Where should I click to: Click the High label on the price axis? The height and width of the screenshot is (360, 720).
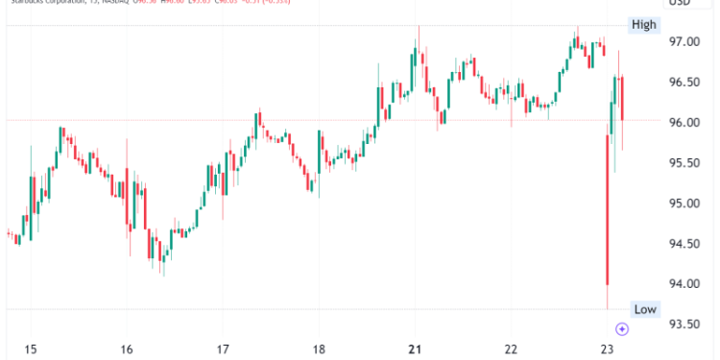[x=643, y=25]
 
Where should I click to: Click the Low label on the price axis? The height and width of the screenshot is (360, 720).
[x=644, y=308]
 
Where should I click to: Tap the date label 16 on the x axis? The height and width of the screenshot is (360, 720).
[x=126, y=348]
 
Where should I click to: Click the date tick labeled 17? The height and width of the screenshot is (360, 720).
[x=223, y=348]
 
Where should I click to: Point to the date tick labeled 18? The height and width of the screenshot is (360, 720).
[x=319, y=348]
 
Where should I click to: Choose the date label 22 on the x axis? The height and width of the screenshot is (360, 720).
[x=512, y=348]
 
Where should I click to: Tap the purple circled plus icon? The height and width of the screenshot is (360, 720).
[x=622, y=328]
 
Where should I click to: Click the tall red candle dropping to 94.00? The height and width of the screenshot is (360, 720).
[x=607, y=210]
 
